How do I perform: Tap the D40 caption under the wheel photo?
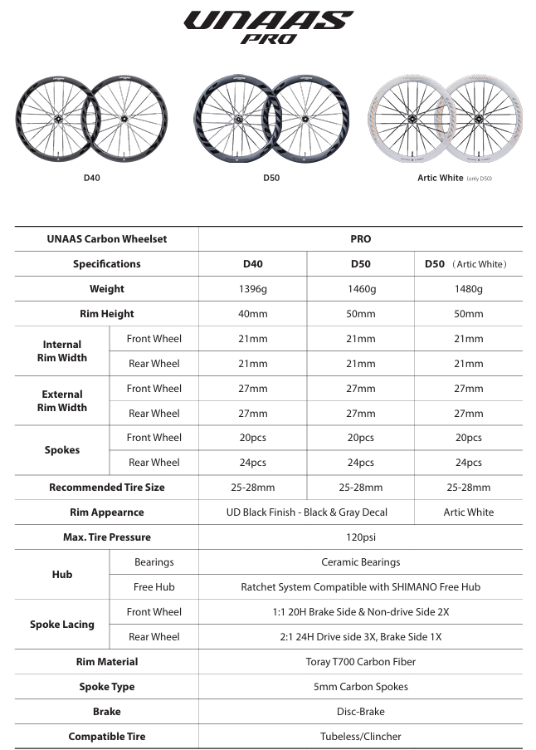(92, 178)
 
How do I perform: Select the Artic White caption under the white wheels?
(441, 178)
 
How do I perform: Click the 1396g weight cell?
(253, 289)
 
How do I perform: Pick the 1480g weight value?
(469, 289)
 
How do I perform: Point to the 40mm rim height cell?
(253, 314)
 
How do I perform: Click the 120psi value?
(361, 537)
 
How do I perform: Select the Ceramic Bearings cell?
(361, 562)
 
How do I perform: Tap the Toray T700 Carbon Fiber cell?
(361, 662)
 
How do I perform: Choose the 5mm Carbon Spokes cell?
(361, 687)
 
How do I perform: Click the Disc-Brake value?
(361, 712)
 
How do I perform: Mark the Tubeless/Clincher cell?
(361, 737)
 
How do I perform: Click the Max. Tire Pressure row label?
(107, 537)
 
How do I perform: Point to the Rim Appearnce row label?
(107, 512)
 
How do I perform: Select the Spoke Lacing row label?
(62, 625)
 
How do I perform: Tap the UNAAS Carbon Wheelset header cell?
(107, 239)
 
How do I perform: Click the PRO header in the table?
(361, 239)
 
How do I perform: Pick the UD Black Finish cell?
(307, 512)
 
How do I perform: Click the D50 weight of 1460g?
(361, 289)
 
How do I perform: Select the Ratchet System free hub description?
(361, 587)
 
